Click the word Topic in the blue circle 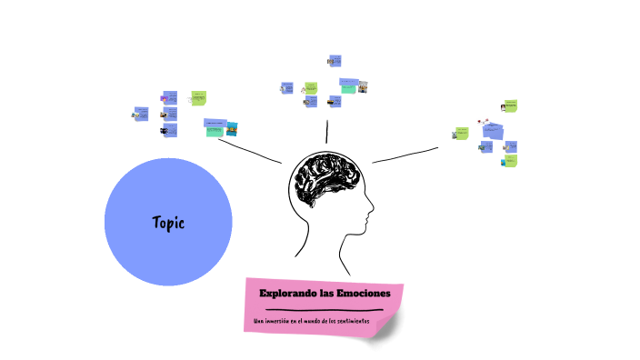(168, 222)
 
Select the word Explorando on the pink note (286, 293)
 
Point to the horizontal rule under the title (324, 309)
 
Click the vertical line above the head (327, 132)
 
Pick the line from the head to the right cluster (405, 155)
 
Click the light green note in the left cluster (198, 97)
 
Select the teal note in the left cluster (214, 129)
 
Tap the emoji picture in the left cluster (165, 97)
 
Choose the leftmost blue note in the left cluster (141, 113)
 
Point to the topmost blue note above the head (335, 61)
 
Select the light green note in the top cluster (310, 88)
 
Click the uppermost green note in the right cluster (510, 105)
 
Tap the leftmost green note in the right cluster (462, 134)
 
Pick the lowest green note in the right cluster (510, 162)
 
